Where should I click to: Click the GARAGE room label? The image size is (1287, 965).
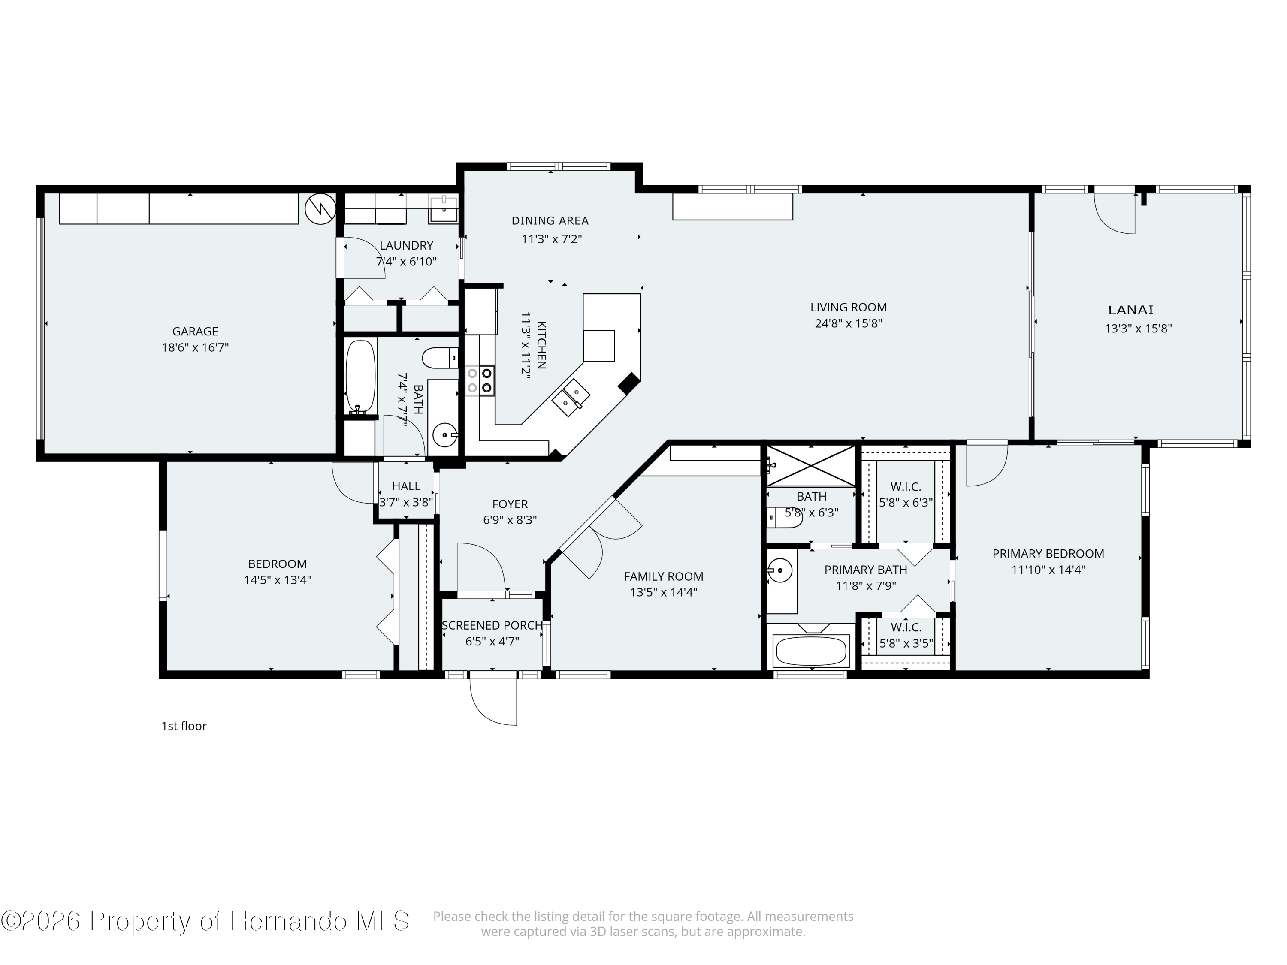click(x=195, y=332)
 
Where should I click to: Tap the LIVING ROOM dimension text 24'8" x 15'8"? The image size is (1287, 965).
click(x=848, y=323)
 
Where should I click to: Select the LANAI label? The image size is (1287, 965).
click(x=1130, y=310)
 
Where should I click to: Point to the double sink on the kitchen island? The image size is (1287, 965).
click(x=571, y=397)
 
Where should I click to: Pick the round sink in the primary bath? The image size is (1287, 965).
click(x=779, y=570)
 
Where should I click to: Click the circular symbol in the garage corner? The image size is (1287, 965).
click(x=320, y=208)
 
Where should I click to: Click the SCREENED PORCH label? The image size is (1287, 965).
click(x=492, y=625)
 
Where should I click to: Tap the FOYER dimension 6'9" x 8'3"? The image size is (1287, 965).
click(x=510, y=520)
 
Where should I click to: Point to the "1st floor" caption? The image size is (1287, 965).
click(x=184, y=726)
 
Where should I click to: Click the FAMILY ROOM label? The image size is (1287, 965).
click(x=663, y=576)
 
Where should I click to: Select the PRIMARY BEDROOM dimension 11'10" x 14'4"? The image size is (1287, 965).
click(x=1048, y=570)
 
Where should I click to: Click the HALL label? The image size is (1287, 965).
click(x=406, y=486)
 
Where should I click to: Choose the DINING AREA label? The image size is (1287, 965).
click(x=550, y=220)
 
